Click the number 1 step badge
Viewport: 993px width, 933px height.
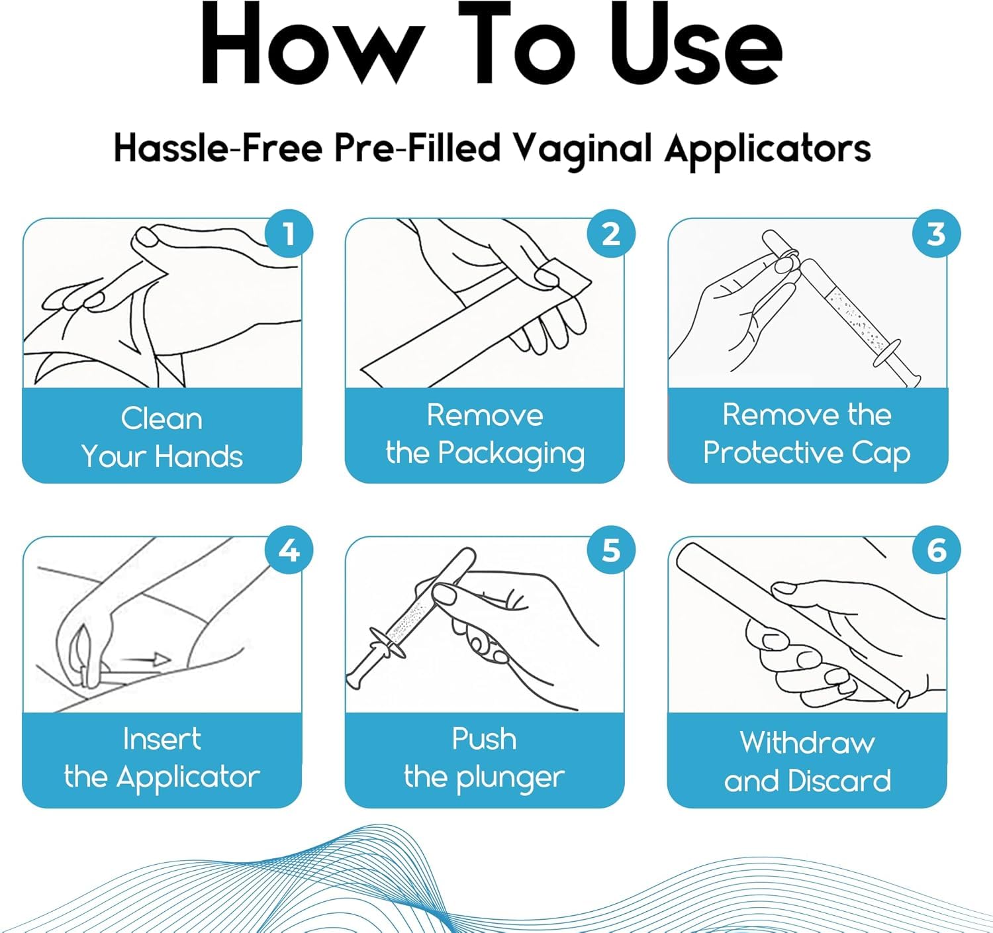pos(289,233)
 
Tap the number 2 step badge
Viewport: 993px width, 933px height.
pos(611,233)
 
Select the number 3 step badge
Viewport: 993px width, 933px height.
pos(936,233)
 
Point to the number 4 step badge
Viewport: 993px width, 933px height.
pos(289,550)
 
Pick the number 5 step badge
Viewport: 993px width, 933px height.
pos(611,550)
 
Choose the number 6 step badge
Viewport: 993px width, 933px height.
pos(936,550)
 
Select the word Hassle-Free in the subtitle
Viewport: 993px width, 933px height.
pos(218,148)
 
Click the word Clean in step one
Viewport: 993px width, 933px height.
pos(162,418)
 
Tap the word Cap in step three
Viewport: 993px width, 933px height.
pos(880,454)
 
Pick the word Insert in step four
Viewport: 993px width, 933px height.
pos(162,738)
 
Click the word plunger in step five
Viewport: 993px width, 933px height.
pos(510,779)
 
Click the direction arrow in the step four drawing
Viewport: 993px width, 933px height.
pos(145,660)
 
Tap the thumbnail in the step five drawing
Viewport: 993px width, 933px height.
pos(444,595)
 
